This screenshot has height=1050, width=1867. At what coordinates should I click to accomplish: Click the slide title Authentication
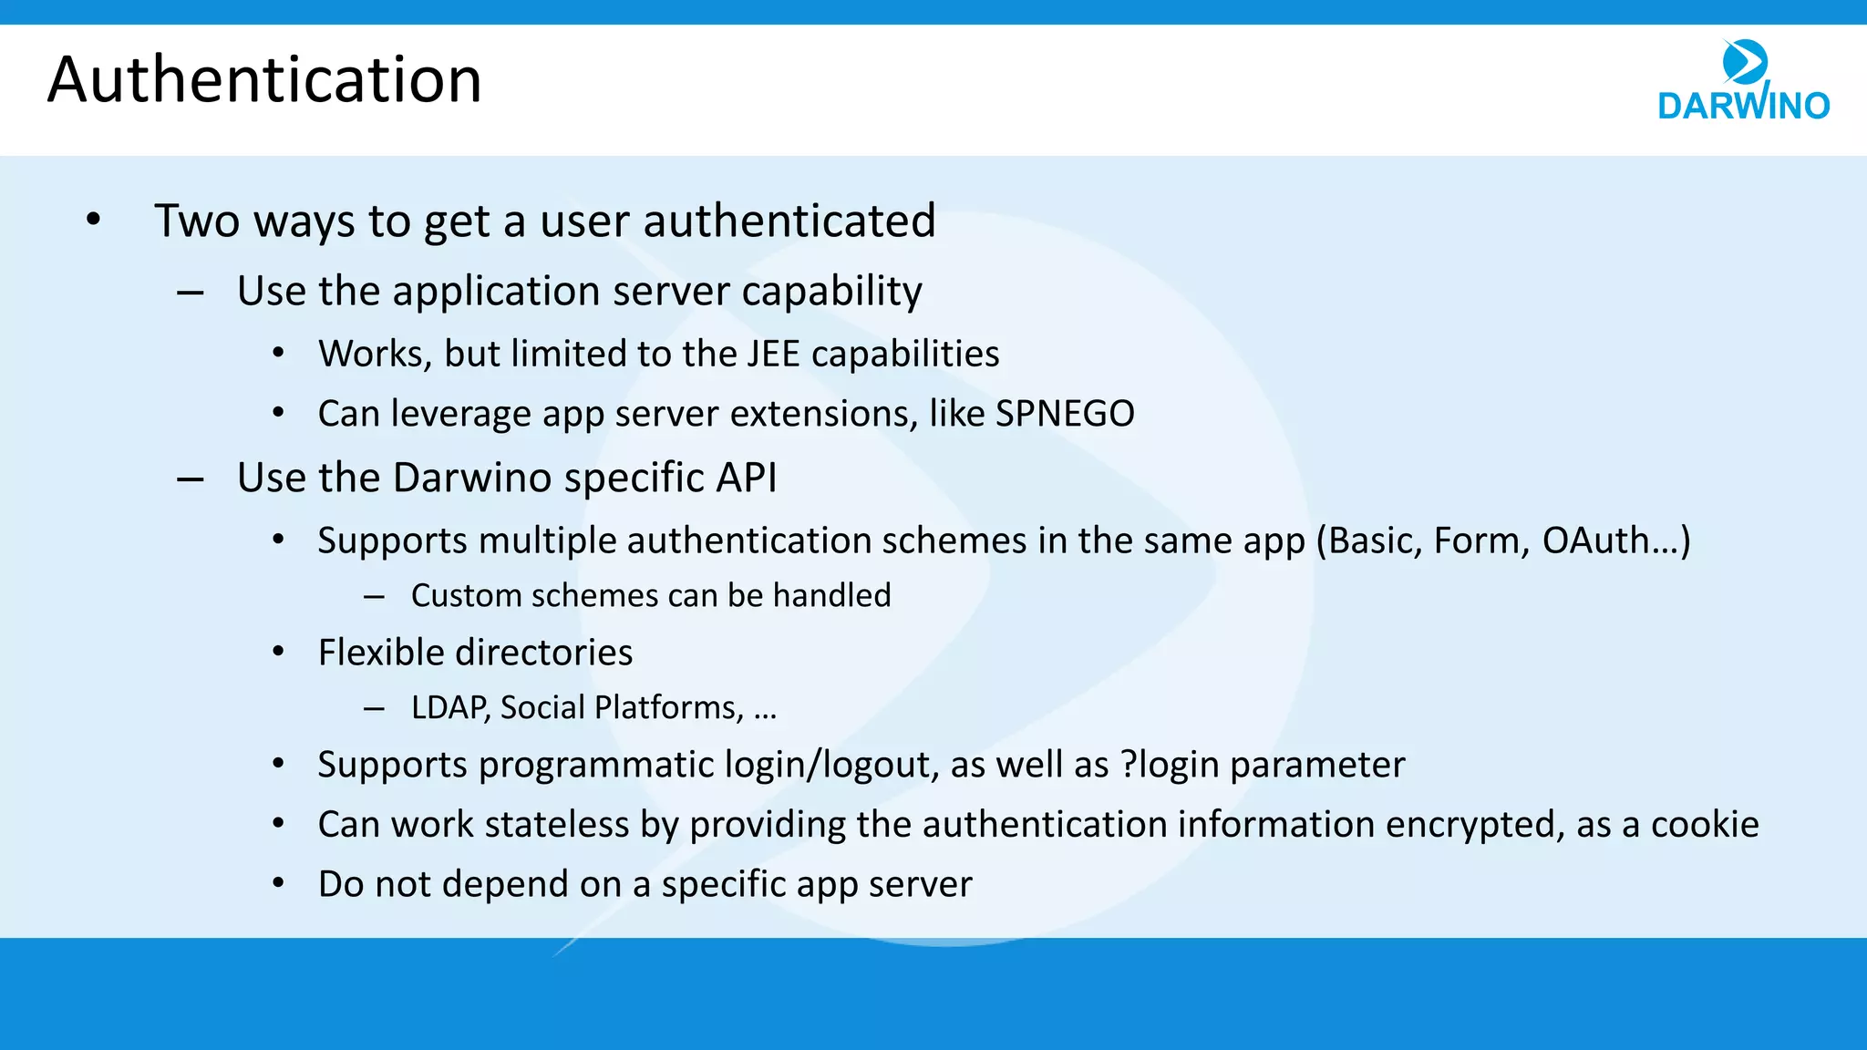[x=264, y=79]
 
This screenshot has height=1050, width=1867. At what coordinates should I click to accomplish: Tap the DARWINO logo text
[x=1743, y=106]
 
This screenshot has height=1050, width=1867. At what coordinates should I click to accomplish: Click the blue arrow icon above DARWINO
[x=1745, y=62]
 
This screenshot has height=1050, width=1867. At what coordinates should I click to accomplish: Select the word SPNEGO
[x=1065, y=414]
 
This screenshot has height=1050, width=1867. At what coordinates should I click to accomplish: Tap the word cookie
[x=1705, y=824]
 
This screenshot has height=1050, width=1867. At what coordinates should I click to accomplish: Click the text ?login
[x=1170, y=765]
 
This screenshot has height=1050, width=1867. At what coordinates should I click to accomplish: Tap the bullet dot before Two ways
[x=93, y=220]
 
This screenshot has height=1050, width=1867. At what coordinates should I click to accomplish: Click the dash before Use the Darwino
[x=191, y=479]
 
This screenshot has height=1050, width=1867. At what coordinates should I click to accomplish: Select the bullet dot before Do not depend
[x=279, y=883]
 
